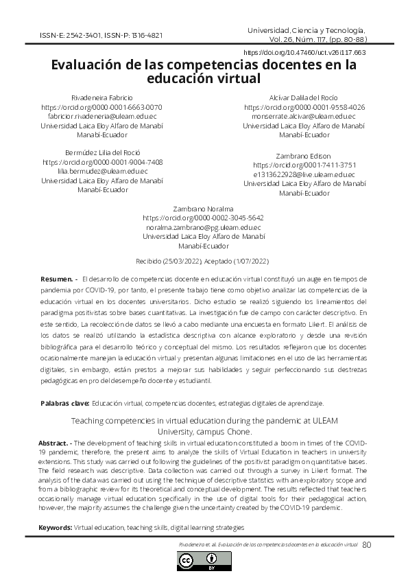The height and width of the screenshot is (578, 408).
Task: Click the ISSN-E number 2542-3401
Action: pos(75,35)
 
